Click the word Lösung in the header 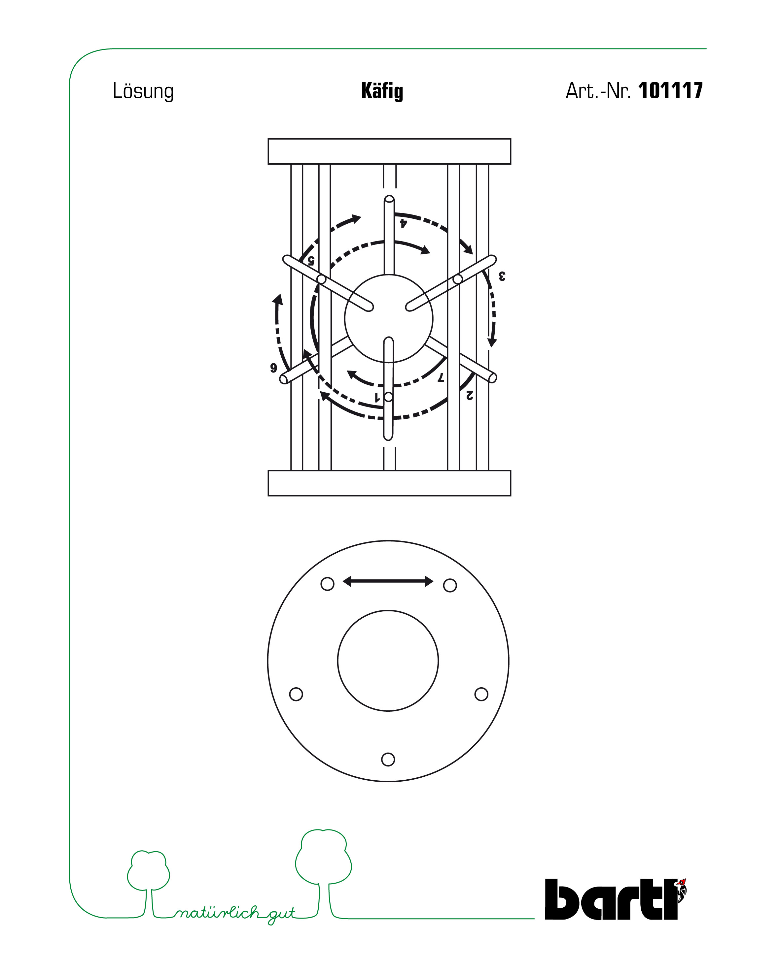pos(143,92)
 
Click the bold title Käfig pos(382,91)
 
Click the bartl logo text pos(611,899)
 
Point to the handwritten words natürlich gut pos(235,914)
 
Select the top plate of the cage pos(389,151)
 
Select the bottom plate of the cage pos(389,483)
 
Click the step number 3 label pos(502,276)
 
